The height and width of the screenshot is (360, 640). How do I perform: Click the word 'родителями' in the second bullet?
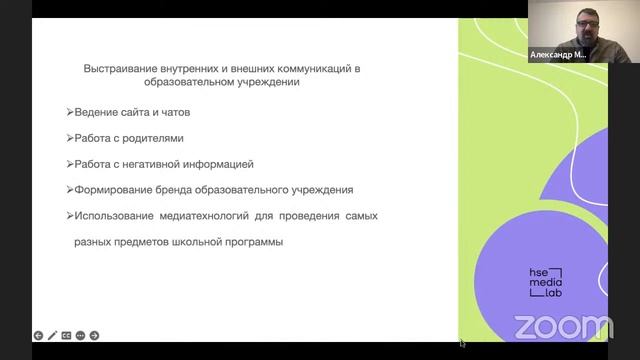pyautogui.click(x=150, y=138)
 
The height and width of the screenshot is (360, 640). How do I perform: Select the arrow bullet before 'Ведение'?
pyautogui.click(x=68, y=112)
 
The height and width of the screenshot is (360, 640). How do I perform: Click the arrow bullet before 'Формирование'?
pyautogui.click(x=68, y=190)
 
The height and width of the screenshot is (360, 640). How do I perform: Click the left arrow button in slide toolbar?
pyautogui.click(x=38, y=336)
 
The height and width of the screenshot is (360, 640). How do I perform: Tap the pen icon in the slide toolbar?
pyautogui.click(x=52, y=336)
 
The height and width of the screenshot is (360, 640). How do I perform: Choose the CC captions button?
pyautogui.click(x=66, y=336)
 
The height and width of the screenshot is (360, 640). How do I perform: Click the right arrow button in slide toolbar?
pyautogui.click(x=94, y=336)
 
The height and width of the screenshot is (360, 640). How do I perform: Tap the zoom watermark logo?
pyautogui.click(x=563, y=326)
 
